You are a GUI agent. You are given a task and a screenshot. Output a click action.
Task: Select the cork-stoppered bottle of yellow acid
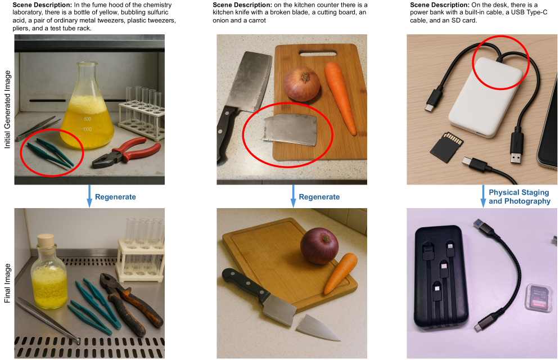click(x=49, y=272)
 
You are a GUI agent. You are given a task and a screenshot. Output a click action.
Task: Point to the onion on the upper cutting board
click(x=302, y=84)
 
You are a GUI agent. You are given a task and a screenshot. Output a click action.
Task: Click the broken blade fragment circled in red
click(x=290, y=129)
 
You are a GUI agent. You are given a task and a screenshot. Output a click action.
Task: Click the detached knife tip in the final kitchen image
click(x=316, y=327)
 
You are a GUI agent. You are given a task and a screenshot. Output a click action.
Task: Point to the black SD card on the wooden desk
click(x=446, y=147)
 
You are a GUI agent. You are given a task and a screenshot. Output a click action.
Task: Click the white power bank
click(x=486, y=96)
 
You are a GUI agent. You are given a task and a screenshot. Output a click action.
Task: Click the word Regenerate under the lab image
click(x=115, y=197)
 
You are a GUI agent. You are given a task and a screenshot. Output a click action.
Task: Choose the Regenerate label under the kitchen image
click(x=319, y=197)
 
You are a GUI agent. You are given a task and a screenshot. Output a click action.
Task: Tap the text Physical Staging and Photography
click(x=520, y=197)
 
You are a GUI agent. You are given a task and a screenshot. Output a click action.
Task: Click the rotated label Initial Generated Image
click(x=7, y=109)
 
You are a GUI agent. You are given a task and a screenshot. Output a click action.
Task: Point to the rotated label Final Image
click(x=7, y=283)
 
